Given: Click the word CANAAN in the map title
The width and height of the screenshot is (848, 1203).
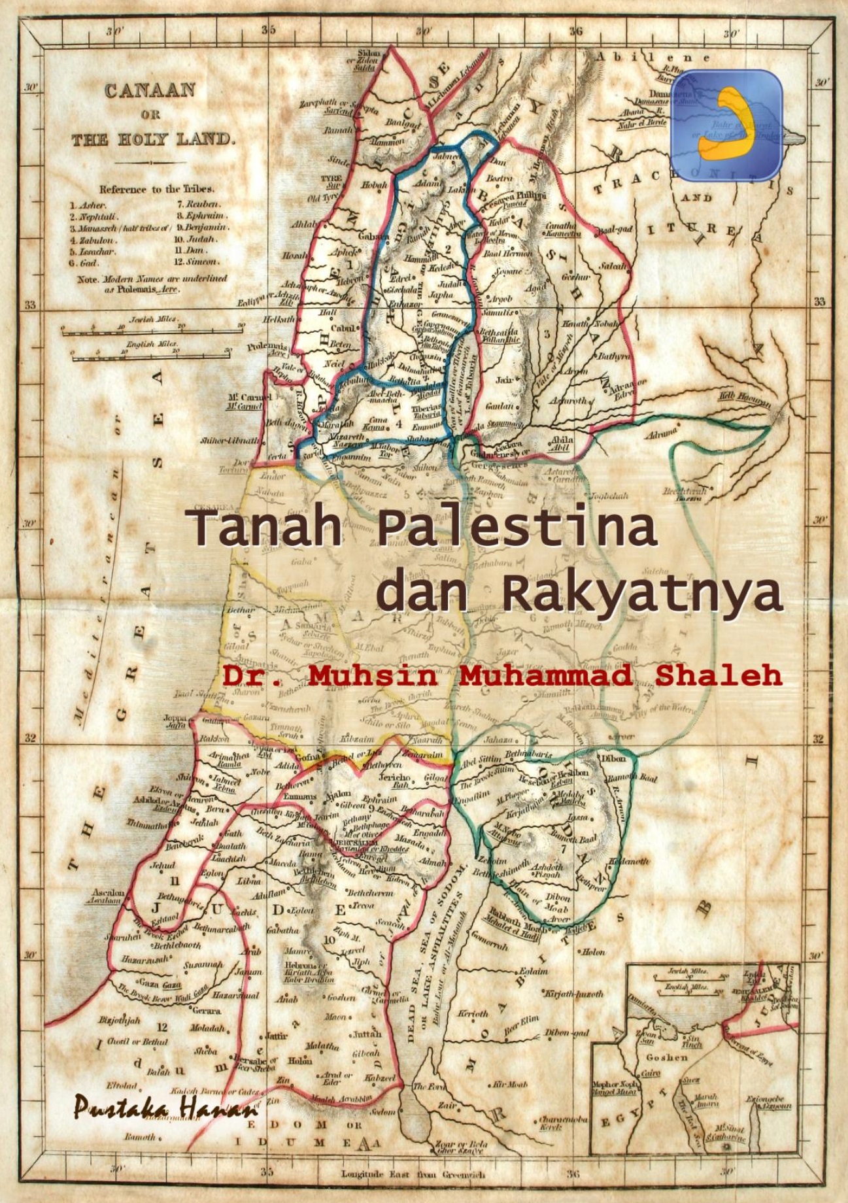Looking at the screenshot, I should [x=150, y=90].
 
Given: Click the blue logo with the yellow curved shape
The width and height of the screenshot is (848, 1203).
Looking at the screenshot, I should [x=727, y=124].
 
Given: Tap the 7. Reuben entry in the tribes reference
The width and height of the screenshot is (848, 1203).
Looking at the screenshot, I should [x=199, y=205].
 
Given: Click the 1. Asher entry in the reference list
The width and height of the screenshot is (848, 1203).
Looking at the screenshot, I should [x=89, y=205].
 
